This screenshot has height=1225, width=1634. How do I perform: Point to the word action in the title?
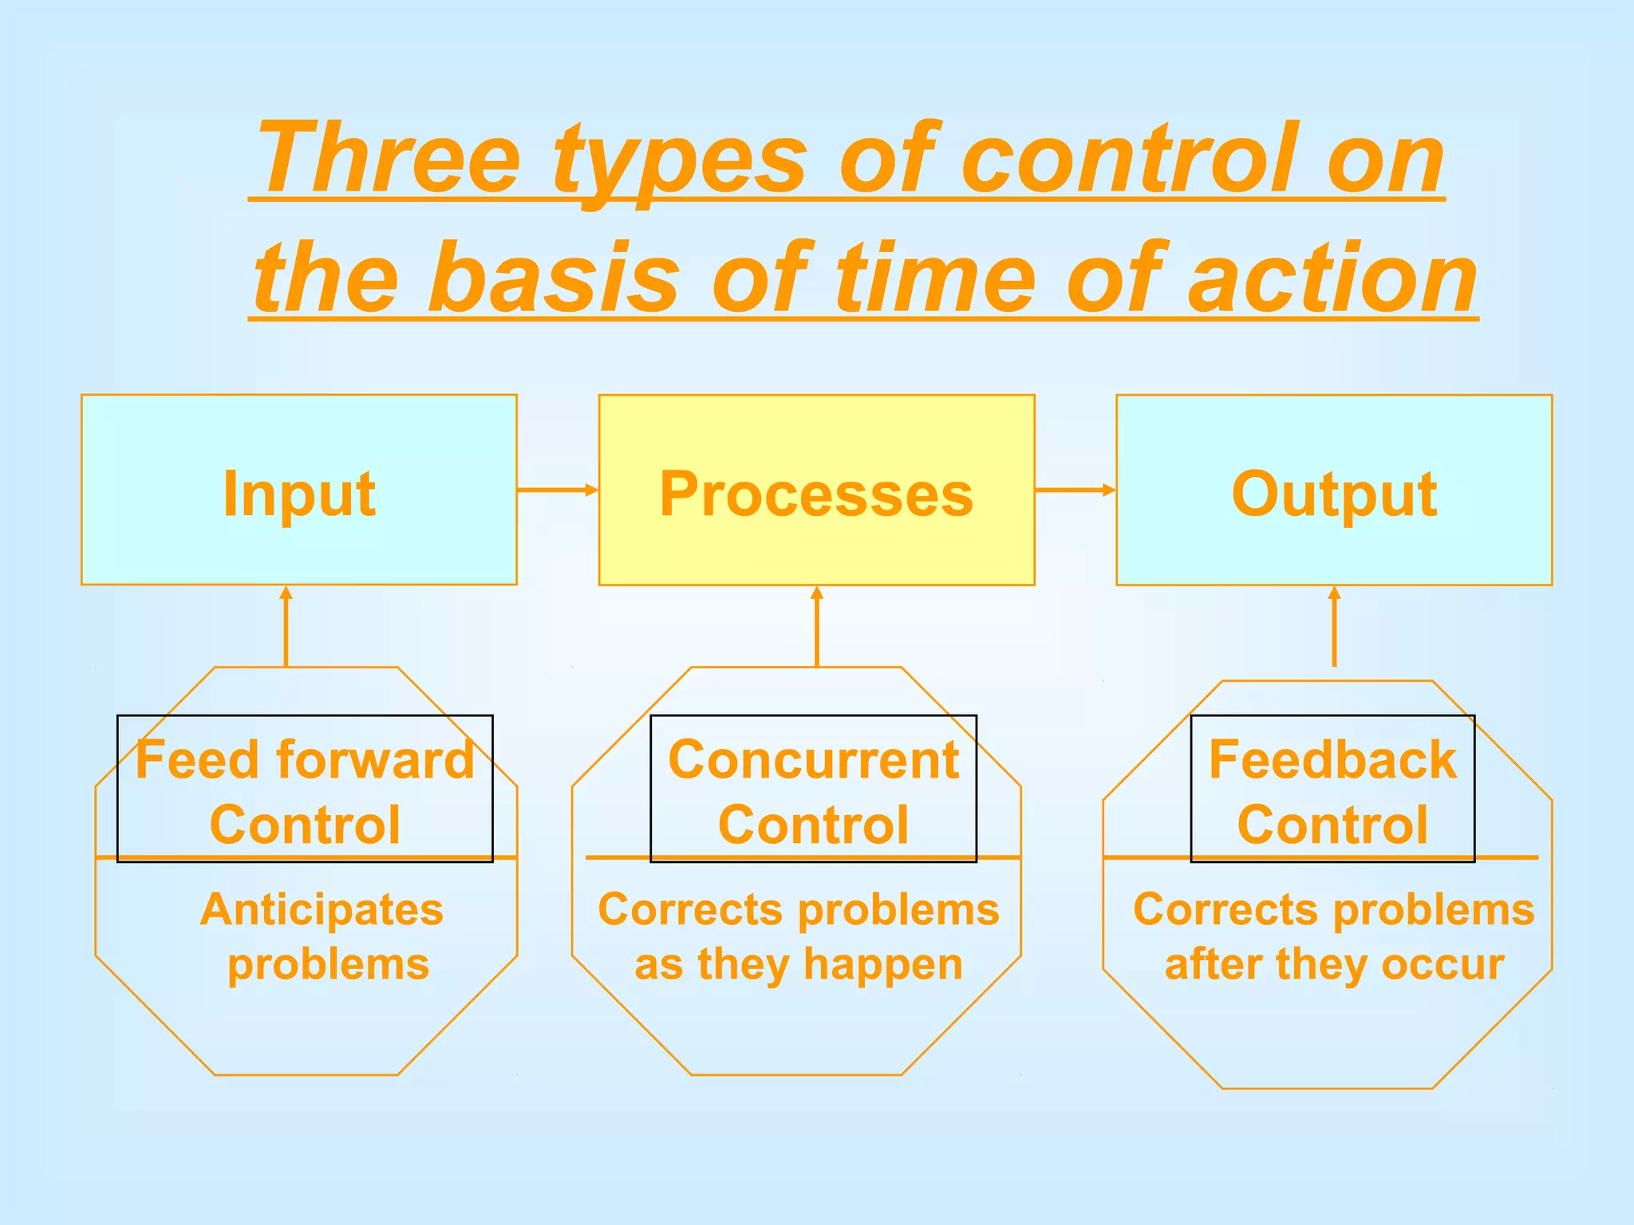tap(1332, 278)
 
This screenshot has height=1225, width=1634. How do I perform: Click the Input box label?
tap(299, 494)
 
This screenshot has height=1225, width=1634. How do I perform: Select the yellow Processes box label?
tap(816, 494)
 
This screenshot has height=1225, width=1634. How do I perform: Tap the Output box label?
tap(1334, 494)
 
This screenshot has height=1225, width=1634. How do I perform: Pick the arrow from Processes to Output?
tap(1075, 490)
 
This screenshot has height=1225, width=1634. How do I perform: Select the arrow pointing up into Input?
tap(286, 626)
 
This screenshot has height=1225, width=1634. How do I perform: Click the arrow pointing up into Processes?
tap(816, 626)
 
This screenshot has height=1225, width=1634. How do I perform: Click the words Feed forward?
tap(305, 759)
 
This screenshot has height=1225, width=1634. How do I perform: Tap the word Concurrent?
tap(813, 759)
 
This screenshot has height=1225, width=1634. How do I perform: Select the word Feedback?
tap(1332, 759)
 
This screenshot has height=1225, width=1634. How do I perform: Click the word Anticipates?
tap(322, 909)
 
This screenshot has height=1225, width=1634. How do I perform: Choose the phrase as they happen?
tap(799, 964)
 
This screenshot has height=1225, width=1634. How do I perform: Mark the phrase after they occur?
tap(1334, 964)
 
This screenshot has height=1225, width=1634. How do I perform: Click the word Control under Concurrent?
tap(813, 825)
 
